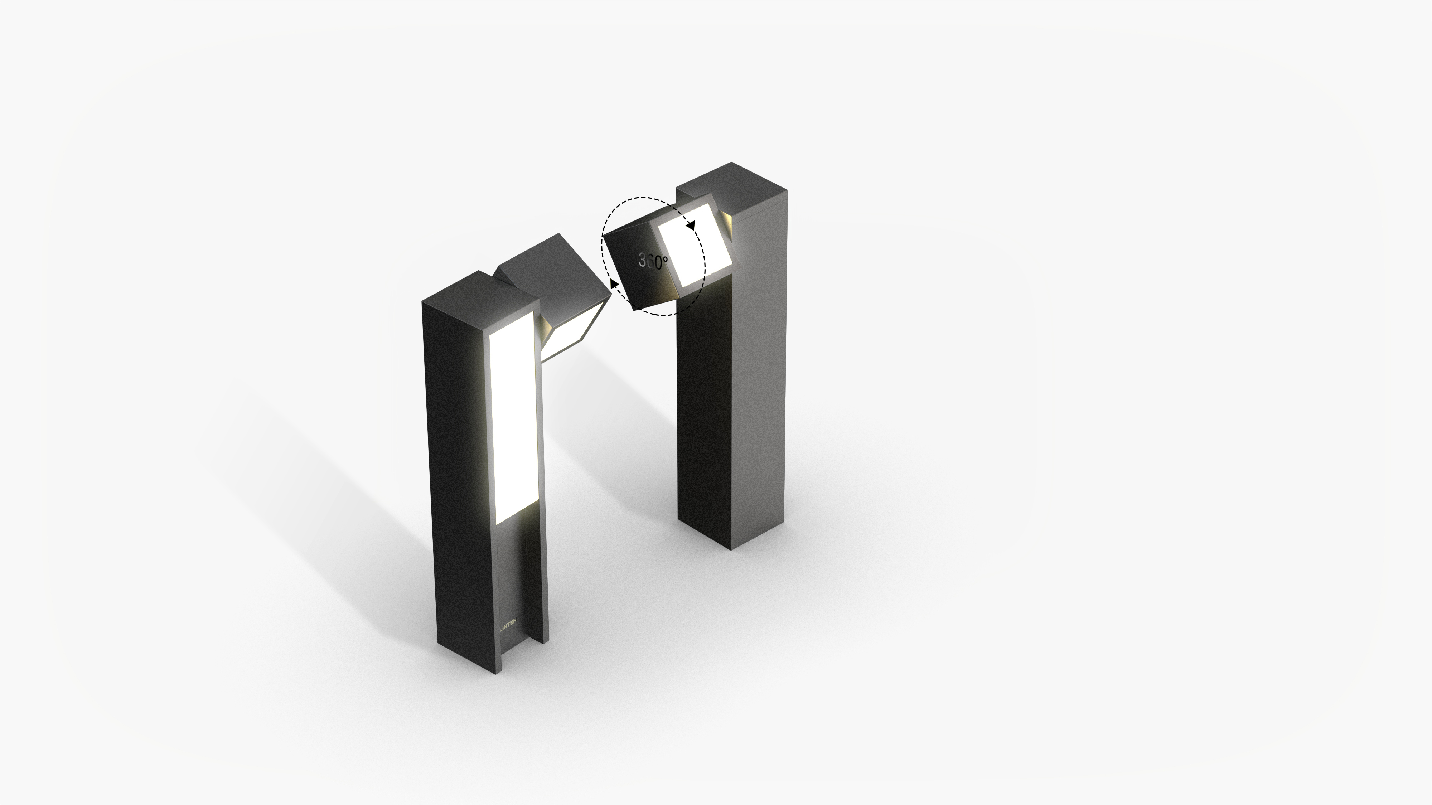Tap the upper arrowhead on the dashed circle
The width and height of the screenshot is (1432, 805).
[x=691, y=225]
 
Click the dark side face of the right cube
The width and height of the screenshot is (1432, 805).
[x=639, y=267]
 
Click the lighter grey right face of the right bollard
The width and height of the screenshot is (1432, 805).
[x=759, y=378]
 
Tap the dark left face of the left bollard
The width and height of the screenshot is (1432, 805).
[x=459, y=472]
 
